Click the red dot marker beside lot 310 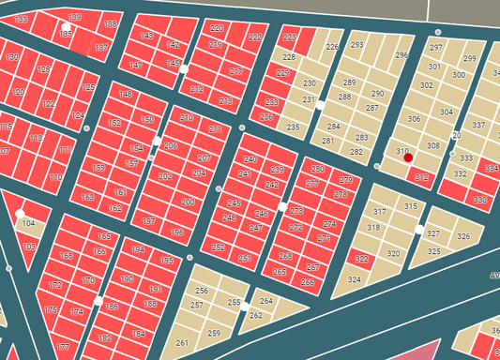[x=408, y=158]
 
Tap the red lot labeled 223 [x=289, y=37]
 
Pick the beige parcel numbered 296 [x=402, y=56]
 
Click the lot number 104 [x=29, y=224]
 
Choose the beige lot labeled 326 [x=463, y=236]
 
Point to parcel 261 [x=182, y=342]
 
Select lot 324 [x=354, y=279]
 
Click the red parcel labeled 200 [x=188, y=202]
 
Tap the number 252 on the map [x=219, y=247]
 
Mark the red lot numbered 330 [x=480, y=200]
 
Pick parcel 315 [x=410, y=205]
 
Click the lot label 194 [x=138, y=249]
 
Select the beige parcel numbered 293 [x=356, y=45]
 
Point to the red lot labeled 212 [x=197, y=89]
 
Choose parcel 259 [x=214, y=333]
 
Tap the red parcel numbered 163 [x=87, y=197]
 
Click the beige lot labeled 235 [x=293, y=127]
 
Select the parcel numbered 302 [x=427, y=85]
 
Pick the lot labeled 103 [x=29, y=247]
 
